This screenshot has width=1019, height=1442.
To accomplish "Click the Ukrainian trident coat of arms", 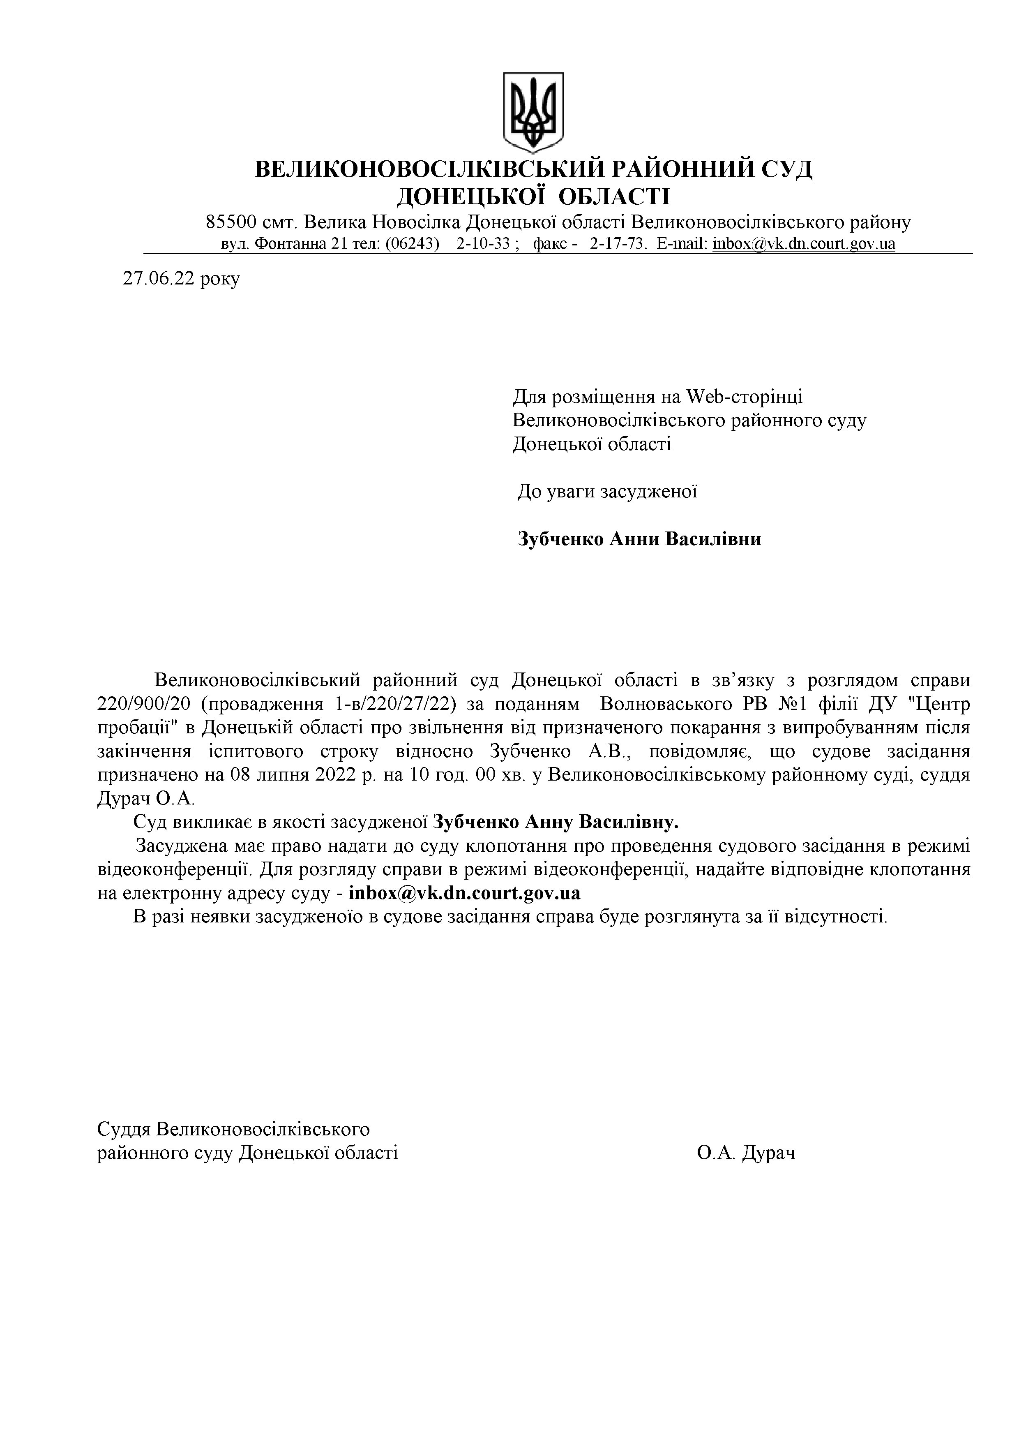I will (x=533, y=112).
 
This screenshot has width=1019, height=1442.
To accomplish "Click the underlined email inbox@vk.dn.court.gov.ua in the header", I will (x=804, y=244).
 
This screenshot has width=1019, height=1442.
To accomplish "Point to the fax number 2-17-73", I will (x=618, y=244).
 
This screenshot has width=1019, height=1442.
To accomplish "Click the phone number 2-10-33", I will (x=483, y=244).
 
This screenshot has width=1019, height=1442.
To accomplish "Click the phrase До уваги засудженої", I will (x=607, y=492).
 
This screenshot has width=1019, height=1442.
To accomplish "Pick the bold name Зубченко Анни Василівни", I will (x=639, y=539).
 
